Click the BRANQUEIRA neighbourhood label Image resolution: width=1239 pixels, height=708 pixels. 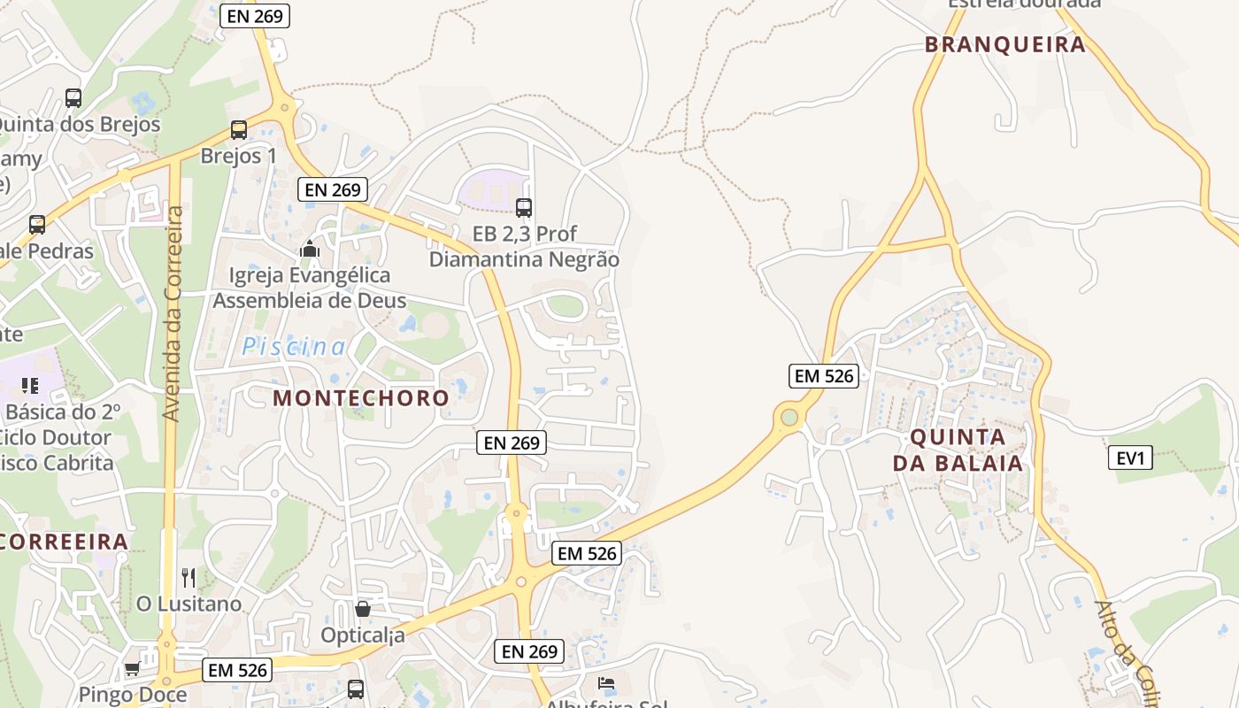pos(1004,45)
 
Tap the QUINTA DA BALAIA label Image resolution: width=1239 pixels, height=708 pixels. pos(958,450)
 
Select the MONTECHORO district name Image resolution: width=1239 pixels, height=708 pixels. pos(361,398)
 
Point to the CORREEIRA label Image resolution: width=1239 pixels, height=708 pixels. pos(65,542)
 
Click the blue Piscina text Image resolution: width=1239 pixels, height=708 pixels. pos(295,347)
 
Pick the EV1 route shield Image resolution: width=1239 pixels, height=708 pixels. pos(1130,458)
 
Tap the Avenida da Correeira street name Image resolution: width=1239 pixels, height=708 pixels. pos(173,313)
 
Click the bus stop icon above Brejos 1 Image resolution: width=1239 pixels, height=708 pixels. pos(238,130)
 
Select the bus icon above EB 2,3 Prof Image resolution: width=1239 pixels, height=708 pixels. pos(524,208)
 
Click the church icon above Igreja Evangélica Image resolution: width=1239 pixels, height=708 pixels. pos(309,250)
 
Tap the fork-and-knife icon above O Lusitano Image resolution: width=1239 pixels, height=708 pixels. pos(188,578)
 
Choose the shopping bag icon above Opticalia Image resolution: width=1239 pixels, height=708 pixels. pos(362,609)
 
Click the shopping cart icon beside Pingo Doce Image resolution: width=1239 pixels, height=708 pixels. pos(132,669)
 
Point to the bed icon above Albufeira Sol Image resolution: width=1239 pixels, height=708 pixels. pos(605,683)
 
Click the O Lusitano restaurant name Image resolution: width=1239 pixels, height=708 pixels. pos(189,604)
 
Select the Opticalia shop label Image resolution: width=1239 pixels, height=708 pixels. pos(363,635)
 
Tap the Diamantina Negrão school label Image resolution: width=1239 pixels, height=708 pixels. pos(524,260)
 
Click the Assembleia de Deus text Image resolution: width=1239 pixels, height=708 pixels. pos(309,301)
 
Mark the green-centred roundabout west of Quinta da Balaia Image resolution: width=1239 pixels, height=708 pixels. pos(789,417)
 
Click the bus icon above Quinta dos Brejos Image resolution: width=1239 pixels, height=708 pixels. pos(73,98)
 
